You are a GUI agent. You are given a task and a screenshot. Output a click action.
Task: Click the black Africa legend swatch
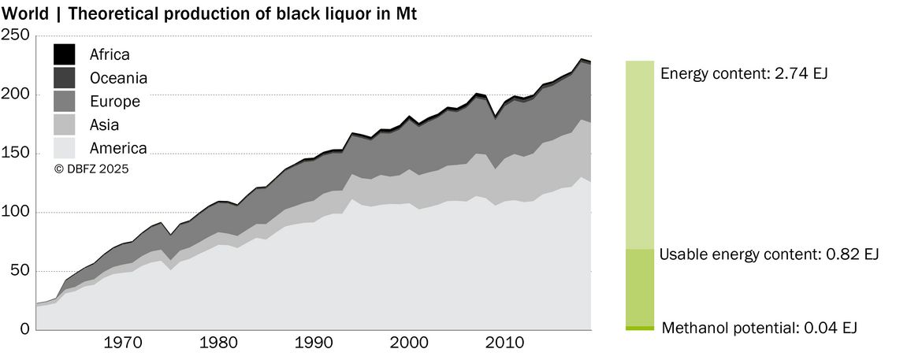64,54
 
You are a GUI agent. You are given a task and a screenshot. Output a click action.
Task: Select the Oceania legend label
118,78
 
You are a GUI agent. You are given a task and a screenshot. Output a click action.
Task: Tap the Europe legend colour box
64,101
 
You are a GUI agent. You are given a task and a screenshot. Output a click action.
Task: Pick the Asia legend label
105,124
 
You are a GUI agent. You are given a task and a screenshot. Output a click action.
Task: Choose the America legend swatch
64,148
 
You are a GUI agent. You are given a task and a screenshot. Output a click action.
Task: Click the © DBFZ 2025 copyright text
91,169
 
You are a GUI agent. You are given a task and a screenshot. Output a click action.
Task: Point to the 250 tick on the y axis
16,35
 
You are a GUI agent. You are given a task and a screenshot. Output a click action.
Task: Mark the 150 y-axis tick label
16,154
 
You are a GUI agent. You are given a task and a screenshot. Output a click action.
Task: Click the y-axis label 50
20,271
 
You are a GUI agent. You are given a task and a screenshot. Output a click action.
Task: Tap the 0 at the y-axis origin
25,329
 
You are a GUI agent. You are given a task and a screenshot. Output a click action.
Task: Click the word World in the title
25,14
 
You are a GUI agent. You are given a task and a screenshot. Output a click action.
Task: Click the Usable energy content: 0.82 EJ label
769,254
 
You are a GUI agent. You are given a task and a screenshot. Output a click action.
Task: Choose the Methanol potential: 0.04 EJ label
759,328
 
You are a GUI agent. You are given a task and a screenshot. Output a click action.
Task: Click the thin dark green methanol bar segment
640,328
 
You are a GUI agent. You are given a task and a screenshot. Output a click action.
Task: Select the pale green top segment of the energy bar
640,154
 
